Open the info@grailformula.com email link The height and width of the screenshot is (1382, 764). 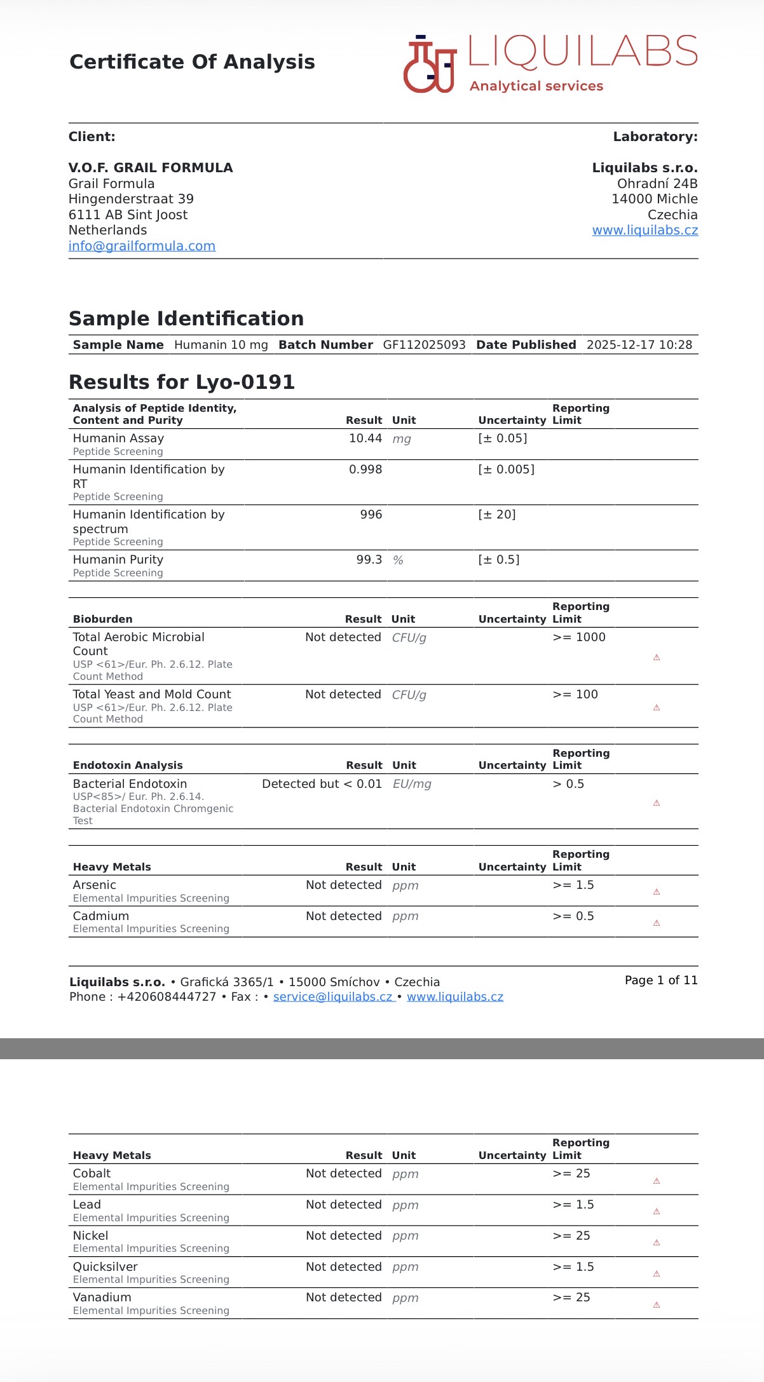click(x=142, y=246)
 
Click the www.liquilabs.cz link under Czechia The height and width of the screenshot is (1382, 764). click(x=645, y=230)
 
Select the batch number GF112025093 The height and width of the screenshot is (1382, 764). click(x=424, y=345)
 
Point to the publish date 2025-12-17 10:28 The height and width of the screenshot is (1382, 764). click(x=639, y=345)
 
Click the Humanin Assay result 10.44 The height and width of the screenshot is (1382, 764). click(x=365, y=438)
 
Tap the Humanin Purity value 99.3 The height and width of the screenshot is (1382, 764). click(x=369, y=560)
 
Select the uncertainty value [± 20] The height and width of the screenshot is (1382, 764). click(x=497, y=515)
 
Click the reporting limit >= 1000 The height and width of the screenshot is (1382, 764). click(x=578, y=637)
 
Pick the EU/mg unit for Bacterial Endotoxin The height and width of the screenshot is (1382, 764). click(x=412, y=784)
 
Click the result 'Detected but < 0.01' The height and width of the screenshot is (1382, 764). click(x=322, y=784)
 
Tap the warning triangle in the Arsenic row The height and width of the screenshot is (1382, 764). click(x=657, y=892)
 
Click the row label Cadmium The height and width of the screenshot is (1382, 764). click(x=101, y=916)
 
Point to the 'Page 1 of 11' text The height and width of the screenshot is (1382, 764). click(x=661, y=980)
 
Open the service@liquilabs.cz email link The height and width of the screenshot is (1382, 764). click(x=333, y=997)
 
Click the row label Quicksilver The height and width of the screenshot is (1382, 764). click(x=105, y=1267)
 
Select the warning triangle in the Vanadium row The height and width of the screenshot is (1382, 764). click(x=657, y=1305)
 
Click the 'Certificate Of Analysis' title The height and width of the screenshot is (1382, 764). click(x=192, y=62)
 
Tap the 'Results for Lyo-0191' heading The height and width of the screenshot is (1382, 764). click(x=182, y=382)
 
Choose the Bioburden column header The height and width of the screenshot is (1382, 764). click(x=103, y=619)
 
